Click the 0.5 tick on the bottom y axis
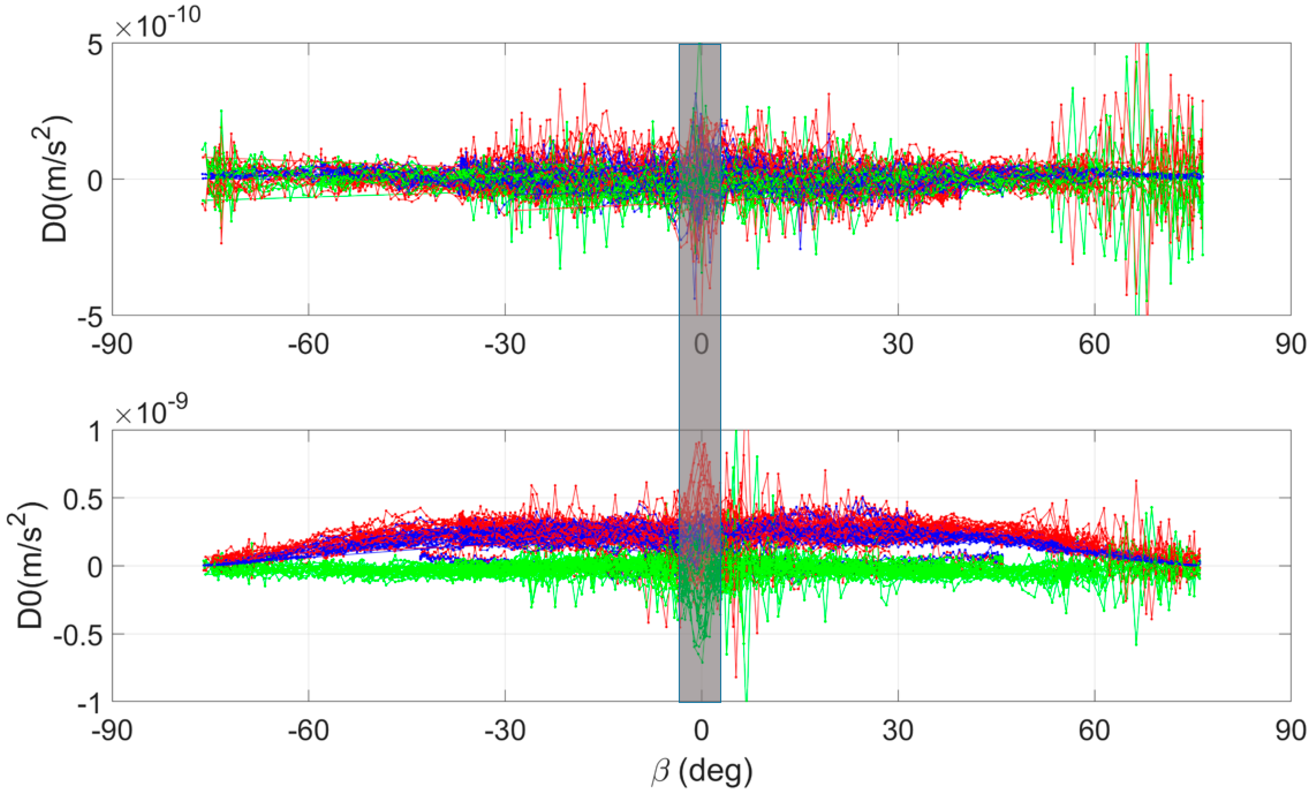(x=82, y=499)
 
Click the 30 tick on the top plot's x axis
(x=898, y=344)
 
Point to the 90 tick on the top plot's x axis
(x=1290, y=344)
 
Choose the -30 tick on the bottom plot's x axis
(x=505, y=731)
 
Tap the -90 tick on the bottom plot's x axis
(x=112, y=731)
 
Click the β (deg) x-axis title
(x=701, y=772)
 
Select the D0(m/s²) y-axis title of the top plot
(x=56, y=179)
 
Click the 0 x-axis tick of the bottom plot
(x=701, y=731)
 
